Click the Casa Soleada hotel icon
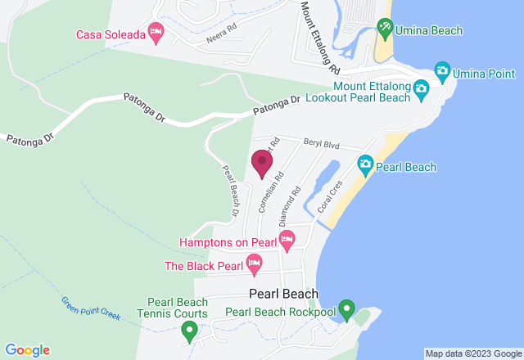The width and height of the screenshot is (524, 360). coord(156,33)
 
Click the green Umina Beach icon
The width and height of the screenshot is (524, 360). coord(385,29)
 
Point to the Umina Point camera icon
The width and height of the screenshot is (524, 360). coord(442,71)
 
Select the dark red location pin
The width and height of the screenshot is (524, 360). coord(262,163)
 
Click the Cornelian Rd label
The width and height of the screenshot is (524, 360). coord(271,191)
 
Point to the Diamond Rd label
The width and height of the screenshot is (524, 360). coord(290,206)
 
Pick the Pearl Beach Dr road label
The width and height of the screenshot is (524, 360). coord(230,191)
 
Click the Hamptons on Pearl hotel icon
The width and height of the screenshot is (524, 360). coord(287,241)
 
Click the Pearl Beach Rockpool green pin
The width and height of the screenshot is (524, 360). coord(346,310)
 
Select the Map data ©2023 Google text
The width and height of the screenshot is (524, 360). coord(472,353)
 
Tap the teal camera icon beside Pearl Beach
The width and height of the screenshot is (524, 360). coord(365,166)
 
